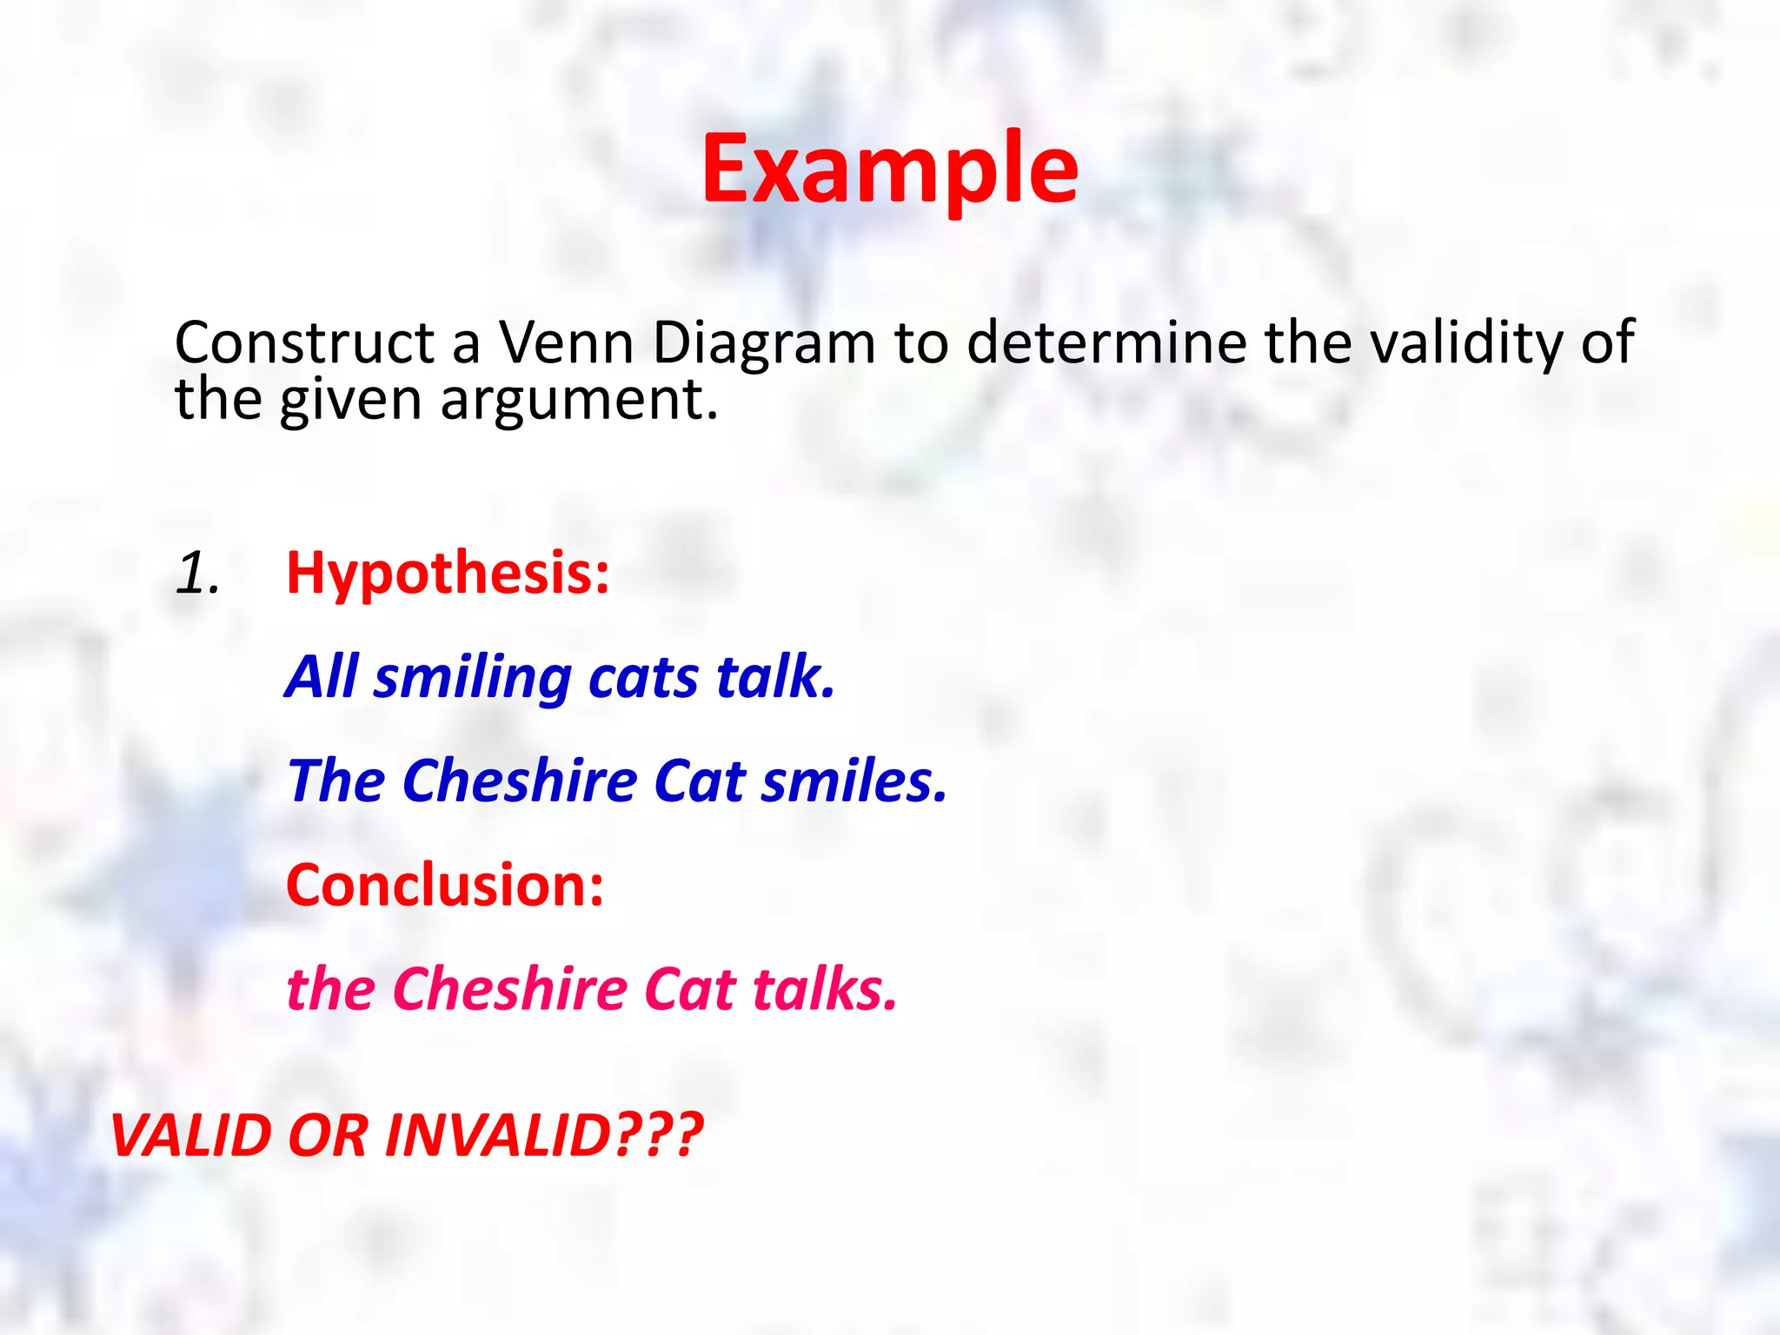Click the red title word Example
pyautogui.click(x=890, y=169)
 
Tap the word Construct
pyautogui.click(x=304, y=342)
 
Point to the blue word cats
pyautogui.click(x=643, y=678)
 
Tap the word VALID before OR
pyautogui.click(x=191, y=1135)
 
